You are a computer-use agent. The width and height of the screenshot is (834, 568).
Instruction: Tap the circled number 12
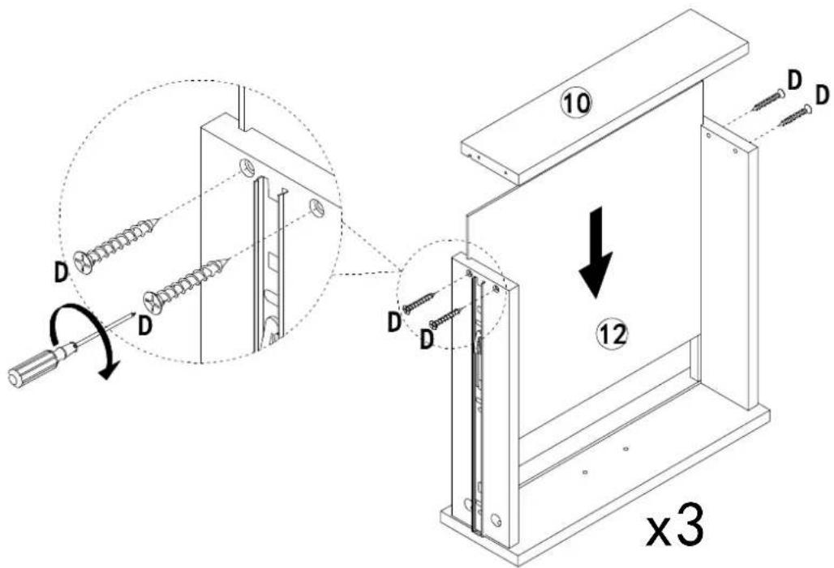(612, 334)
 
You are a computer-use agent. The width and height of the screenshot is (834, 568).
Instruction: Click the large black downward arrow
(596, 253)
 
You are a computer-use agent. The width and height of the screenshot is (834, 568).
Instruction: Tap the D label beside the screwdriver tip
(144, 325)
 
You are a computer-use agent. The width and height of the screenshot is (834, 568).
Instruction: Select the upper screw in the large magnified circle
(116, 241)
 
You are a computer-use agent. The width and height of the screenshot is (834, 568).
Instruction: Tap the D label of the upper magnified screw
(62, 272)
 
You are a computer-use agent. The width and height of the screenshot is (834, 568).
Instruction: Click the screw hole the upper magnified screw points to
(247, 168)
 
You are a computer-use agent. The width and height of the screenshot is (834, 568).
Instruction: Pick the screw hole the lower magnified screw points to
(316, 207)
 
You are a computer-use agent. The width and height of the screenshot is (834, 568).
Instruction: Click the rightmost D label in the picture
(823, 96)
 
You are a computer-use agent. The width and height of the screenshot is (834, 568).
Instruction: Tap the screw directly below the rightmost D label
(795, 116)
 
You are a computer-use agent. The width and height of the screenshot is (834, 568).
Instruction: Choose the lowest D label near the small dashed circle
(426, 340)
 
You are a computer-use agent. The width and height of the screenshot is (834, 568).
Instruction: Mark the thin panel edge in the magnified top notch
(242, 109)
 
